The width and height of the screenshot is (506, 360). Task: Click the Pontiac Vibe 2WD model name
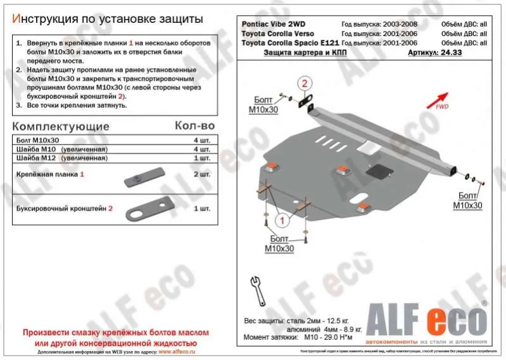[274, 23]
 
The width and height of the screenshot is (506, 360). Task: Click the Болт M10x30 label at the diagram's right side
[467, 201]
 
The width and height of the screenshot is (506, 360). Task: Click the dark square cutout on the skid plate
[380, 170]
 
